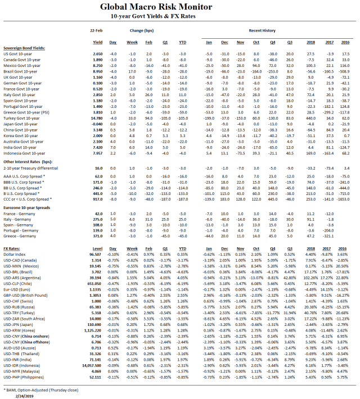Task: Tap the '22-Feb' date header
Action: click(x=97, y=29)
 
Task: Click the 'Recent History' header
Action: click(x=262, y=29)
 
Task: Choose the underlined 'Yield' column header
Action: click(x=97, y=42)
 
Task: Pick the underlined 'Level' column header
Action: click(x=97, y=232)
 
